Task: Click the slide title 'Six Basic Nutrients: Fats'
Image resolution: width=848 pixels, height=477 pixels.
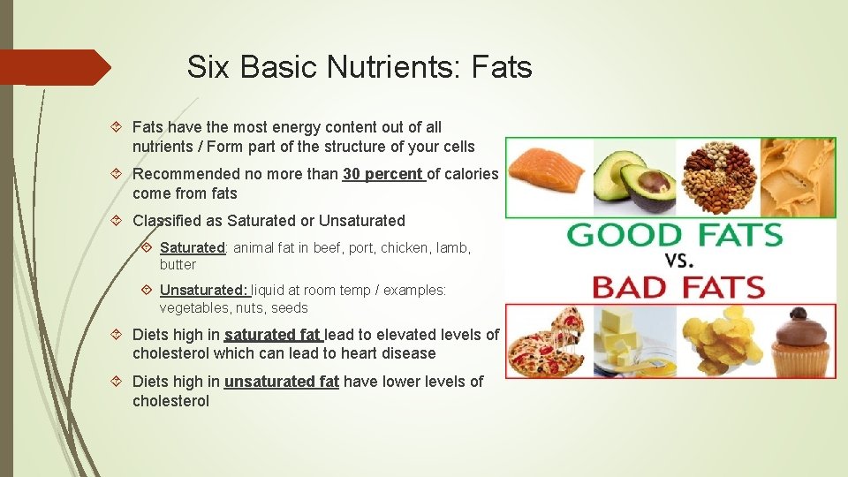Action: click(x=360, y=66)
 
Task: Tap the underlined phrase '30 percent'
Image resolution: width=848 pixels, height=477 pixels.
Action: click(x=382, y=174)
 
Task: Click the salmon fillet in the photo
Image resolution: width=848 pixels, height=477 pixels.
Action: click(x=546, y=175)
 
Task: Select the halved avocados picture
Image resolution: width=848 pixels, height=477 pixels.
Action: click(x=633, y=179)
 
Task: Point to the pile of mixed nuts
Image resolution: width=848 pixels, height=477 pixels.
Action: click(x=716, y=178)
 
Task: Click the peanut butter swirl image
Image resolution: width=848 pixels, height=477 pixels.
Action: click(x=798, y=178)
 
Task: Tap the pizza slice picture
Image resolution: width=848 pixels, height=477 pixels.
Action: click(x=545, y=342)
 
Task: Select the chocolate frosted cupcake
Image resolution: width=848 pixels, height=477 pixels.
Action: click(x=799, y=341)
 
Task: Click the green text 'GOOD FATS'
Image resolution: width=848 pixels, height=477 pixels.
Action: click(x=675, y=236)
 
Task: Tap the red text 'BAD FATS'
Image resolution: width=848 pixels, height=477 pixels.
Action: click(x=678, y=287)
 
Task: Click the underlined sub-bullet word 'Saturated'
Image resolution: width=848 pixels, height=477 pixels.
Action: click(x=193, y=248)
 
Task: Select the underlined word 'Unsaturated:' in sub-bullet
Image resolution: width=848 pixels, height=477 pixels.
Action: click(x=204, y=291)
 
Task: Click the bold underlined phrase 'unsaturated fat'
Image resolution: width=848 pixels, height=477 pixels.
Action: click(x=281, y=382)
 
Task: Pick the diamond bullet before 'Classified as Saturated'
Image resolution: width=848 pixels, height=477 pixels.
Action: click(x=119, y=221)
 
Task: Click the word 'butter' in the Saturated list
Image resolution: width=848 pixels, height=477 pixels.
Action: click(x=178, y=265)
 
